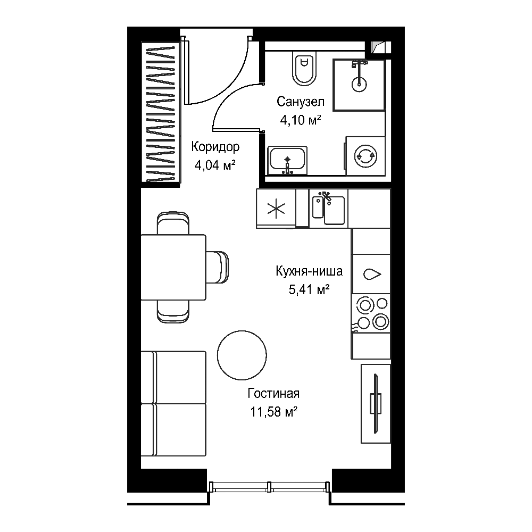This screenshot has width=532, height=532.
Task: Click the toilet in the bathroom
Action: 304,69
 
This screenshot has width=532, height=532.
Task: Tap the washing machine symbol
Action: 365,156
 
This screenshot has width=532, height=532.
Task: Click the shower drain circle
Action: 359,84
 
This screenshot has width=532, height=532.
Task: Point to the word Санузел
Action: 300,102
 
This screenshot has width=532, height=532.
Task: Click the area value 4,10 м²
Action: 300,120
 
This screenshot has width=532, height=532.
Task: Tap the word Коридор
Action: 215,147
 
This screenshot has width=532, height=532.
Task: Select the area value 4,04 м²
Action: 215,165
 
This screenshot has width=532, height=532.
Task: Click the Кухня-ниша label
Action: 309,271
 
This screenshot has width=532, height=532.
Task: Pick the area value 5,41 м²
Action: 309,289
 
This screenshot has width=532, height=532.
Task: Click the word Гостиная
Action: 273,393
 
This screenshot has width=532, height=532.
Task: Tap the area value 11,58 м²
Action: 274,412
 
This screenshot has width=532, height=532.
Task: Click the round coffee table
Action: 242,355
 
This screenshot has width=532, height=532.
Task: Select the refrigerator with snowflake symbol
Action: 276,209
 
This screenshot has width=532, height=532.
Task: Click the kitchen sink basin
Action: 328,209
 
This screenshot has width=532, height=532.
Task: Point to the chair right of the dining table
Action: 217,267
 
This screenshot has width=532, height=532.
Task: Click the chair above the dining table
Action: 173,223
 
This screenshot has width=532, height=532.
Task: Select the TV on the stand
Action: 375,403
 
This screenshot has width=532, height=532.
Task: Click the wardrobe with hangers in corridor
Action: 161,112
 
